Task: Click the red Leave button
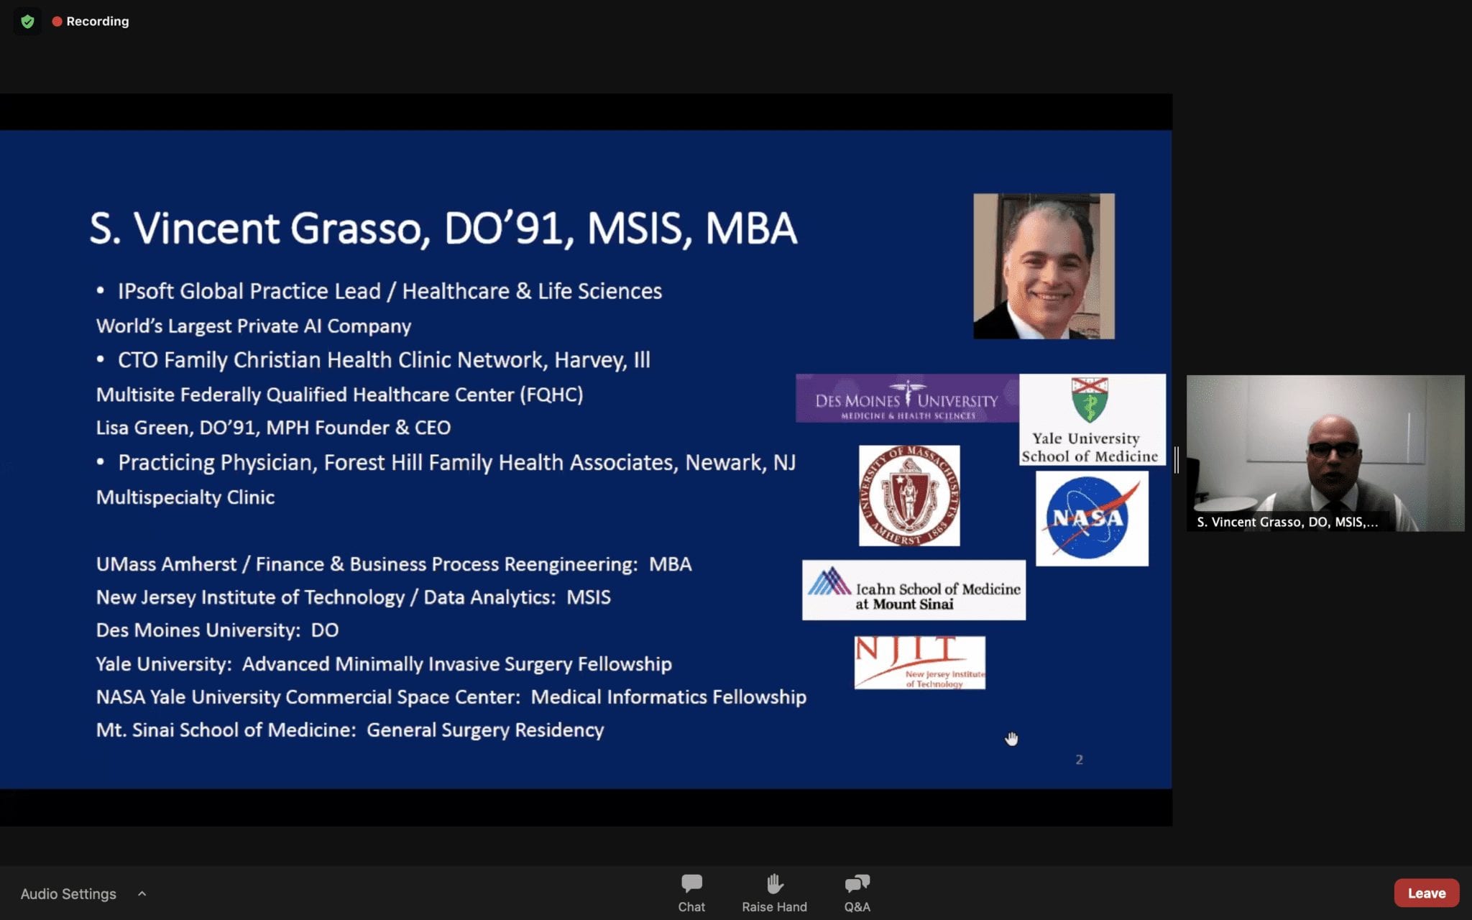pyautogui.click(x=1426, y=893)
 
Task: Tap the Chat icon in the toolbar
pyautogui.click(x=691, y=883)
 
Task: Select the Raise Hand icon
pyautogui.click(x=774, y=883)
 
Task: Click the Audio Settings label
pyautogui.click(x=68, y=893)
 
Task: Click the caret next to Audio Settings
pyautogui.click(x=142, y=893)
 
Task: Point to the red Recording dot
pyautogui.click(x=57, y=22)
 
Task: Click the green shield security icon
pyautogui.click(x=27, y=22)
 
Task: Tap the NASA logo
pyautogui.click(x=1092, y=518)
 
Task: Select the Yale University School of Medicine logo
pyautogui.click(x=1092, y=419)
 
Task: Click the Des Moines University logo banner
pyautogui.click(x=907, y=398)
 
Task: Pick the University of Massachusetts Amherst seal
pyautogui.click(x=909, y=495)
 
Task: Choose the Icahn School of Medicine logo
pyautogui.click(x=914, y=590)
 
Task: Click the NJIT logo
pyautogui.click(x=919, y=663)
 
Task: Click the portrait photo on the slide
pyautogui.click(x=1044, y=266)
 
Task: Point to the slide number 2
pyautogui.click(x=1079, y=760)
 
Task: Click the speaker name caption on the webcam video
pyautogui.click(x=1287, y=522)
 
